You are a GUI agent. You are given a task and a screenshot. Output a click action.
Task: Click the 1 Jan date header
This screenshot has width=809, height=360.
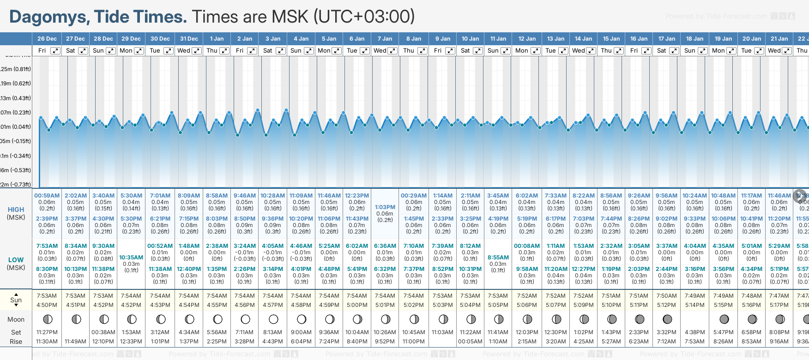217,39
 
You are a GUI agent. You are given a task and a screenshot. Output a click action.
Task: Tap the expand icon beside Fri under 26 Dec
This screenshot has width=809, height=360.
55,51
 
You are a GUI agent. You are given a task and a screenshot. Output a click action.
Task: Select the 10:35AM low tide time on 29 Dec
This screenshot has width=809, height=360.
131,258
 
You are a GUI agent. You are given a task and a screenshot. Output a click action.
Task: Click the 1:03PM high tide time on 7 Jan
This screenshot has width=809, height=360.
385,207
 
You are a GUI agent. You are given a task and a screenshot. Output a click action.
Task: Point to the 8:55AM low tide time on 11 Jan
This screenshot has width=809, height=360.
498,258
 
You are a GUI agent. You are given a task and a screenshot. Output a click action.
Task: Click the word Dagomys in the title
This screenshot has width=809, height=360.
49,17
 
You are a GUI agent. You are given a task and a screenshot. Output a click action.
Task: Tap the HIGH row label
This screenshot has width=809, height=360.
16,210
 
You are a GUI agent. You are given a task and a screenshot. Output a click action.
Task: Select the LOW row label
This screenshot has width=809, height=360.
16,260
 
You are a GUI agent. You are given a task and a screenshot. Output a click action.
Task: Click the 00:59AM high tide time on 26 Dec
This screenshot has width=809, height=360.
47,196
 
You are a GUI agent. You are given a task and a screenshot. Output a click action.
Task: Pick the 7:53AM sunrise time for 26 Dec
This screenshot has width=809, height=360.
47,296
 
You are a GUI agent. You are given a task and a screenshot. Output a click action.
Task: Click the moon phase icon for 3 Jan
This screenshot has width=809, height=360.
273,319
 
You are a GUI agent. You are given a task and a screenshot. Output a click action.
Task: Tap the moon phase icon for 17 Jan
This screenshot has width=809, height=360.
667,319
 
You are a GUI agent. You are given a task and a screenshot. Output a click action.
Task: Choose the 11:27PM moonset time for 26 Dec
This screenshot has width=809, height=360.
47,332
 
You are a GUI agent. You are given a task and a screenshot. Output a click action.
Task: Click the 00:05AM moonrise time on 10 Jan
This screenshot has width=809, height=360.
470,342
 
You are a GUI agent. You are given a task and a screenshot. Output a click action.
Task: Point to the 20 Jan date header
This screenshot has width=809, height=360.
752,39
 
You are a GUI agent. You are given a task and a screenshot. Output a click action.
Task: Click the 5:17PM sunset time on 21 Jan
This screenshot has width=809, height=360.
779,305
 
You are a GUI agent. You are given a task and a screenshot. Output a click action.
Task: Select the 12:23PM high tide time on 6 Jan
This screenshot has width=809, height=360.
357,196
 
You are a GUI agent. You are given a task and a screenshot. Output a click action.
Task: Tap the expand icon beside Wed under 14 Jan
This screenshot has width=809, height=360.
591,51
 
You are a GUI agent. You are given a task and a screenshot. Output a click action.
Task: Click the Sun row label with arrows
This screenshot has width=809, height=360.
16,300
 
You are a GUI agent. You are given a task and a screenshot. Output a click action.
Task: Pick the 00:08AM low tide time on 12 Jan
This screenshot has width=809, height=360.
527,246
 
